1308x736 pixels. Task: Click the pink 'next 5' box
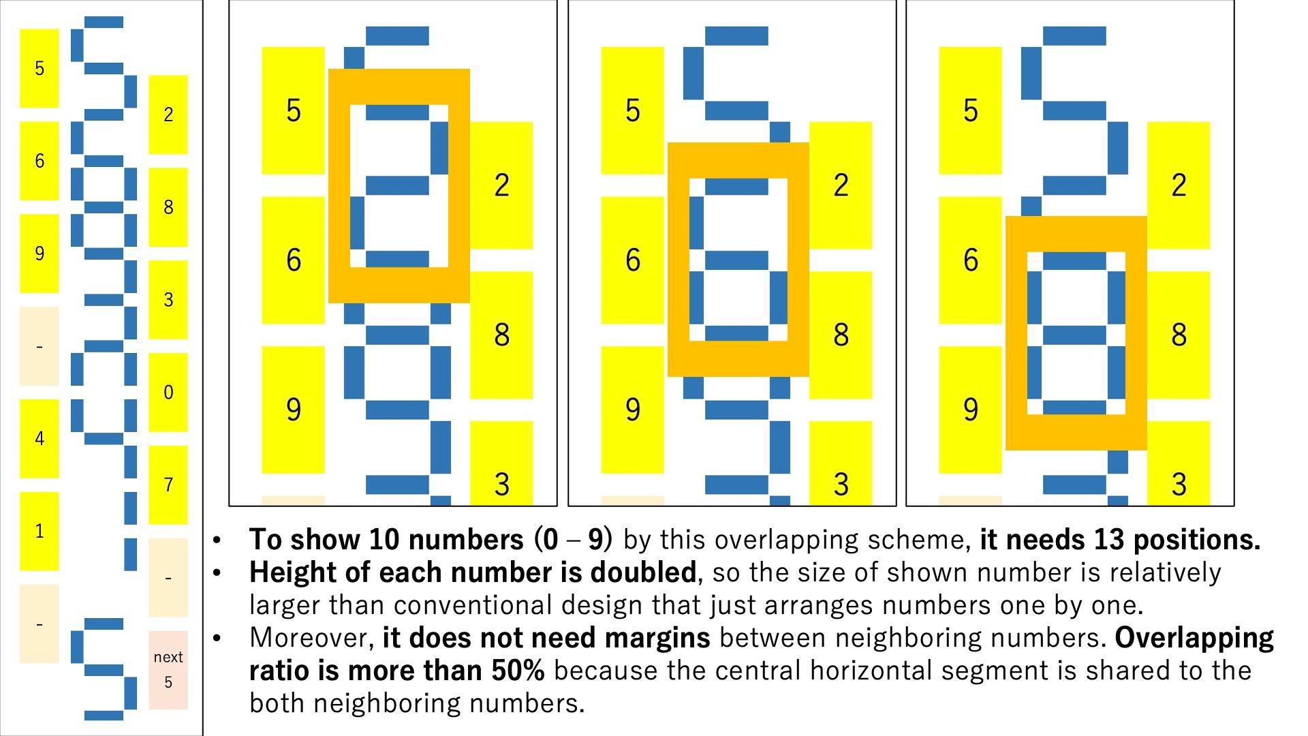click(x=168, y=669)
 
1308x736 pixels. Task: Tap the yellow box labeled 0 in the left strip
click(x=168, y=392)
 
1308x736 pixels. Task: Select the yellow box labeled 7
click(x=168, y=485)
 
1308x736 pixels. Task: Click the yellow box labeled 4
click(x=39, y=438)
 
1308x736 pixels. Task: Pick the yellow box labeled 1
click(x=39, y=531)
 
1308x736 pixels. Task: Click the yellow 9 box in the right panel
click(x=970, y=410)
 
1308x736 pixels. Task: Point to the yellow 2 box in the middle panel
click(x=841, y=185)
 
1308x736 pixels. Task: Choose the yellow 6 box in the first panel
click(x=293, y=260)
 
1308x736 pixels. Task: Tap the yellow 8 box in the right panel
click(x=1179, y=335)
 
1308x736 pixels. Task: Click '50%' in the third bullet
click(x=517, y=671)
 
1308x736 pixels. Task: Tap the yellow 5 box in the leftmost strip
click(x=39, y=68)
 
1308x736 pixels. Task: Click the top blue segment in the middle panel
click(x=736, y=35)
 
